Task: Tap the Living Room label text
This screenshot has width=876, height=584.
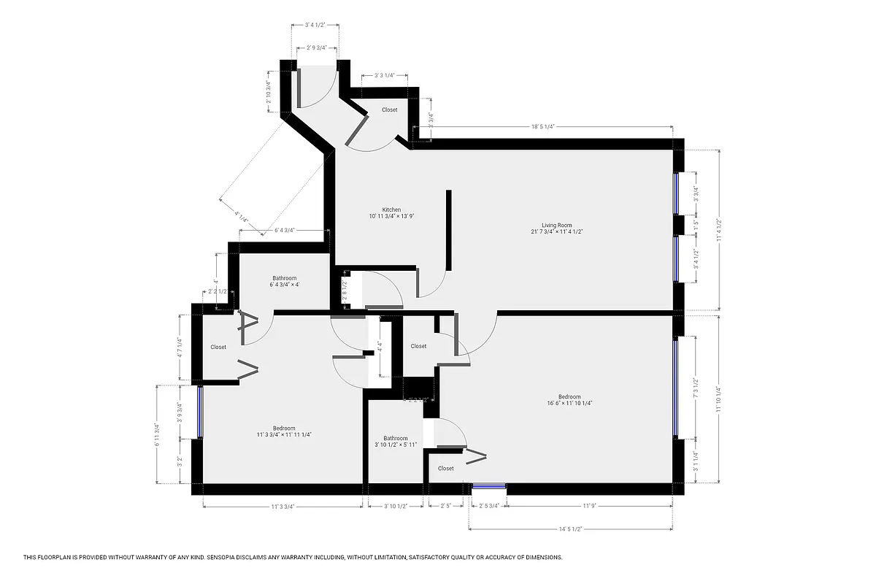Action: click(556, 225)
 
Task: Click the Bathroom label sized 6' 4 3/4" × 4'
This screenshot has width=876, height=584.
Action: click(285, 278)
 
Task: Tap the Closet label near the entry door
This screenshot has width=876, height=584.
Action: click(390, 109)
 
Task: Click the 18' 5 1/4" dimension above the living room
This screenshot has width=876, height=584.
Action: click(542, 126)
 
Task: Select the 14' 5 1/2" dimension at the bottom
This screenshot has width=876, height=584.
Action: click(569, 529)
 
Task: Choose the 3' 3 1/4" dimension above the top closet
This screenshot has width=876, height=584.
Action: click(384, 75)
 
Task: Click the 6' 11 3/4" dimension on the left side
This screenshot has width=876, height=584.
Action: click(156, 436)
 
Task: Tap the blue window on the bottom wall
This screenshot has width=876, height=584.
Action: click(489, 485)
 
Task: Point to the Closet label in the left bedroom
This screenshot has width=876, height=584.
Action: click(218, 347)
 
